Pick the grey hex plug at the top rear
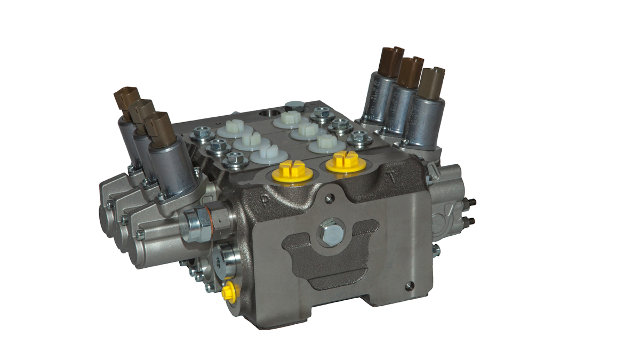point(294,106)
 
